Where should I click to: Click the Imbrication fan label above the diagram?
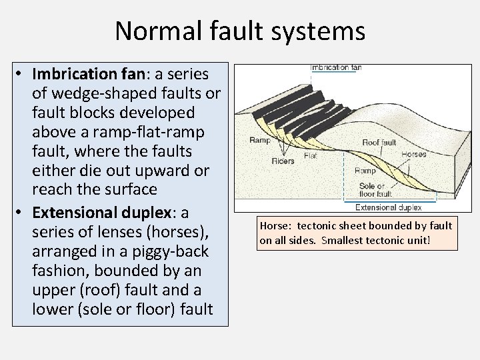pos(336,67)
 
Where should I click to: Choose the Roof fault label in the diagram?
pos(379,142)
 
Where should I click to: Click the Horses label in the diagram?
pos(414,155)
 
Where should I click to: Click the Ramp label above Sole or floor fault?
pos(365,171)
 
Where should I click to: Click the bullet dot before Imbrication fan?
pos(22,73)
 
